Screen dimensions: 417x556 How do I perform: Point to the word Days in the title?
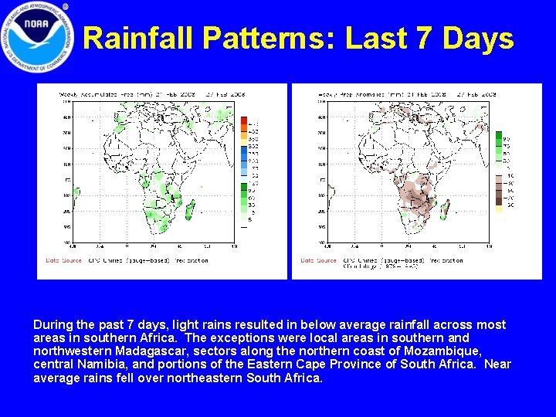click(x=480, y=38)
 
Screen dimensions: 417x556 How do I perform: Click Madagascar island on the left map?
click(x=189, y=207)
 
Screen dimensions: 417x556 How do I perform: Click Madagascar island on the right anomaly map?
click(x=444, y=207)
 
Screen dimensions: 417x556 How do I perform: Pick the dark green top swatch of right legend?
click(x=499, y=135)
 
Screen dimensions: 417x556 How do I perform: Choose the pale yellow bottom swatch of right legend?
click(x=499, y=205)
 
